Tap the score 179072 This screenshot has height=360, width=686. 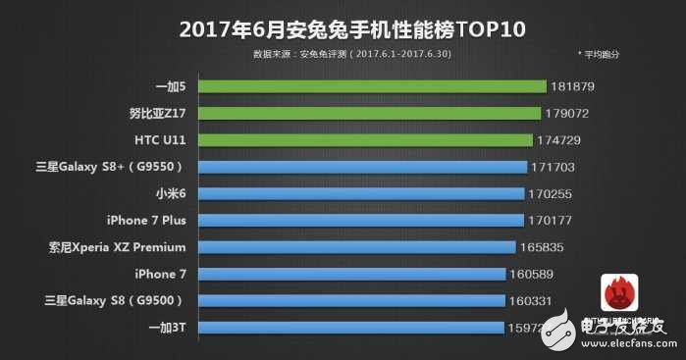(569, 114)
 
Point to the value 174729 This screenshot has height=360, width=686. (561, 140)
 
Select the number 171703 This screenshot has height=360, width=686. (556, 168)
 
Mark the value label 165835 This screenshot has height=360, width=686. (545, 247)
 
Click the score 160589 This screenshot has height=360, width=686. (535, 274)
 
